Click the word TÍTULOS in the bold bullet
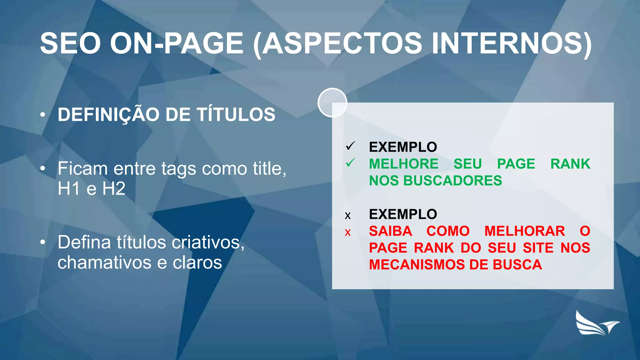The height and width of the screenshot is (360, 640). point(236,114)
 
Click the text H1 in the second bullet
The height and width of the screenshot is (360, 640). point(68,189)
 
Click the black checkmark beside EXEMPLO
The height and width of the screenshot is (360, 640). point(351,146)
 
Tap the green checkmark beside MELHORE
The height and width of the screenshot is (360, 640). point(351,163)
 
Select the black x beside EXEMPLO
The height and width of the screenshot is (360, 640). point(348,216)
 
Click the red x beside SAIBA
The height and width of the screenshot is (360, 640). point(348,232)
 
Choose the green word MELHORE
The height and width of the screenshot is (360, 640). point(403,164)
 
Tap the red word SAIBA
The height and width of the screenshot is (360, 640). point(390,231)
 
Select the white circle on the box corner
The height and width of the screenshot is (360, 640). point(332,102)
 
